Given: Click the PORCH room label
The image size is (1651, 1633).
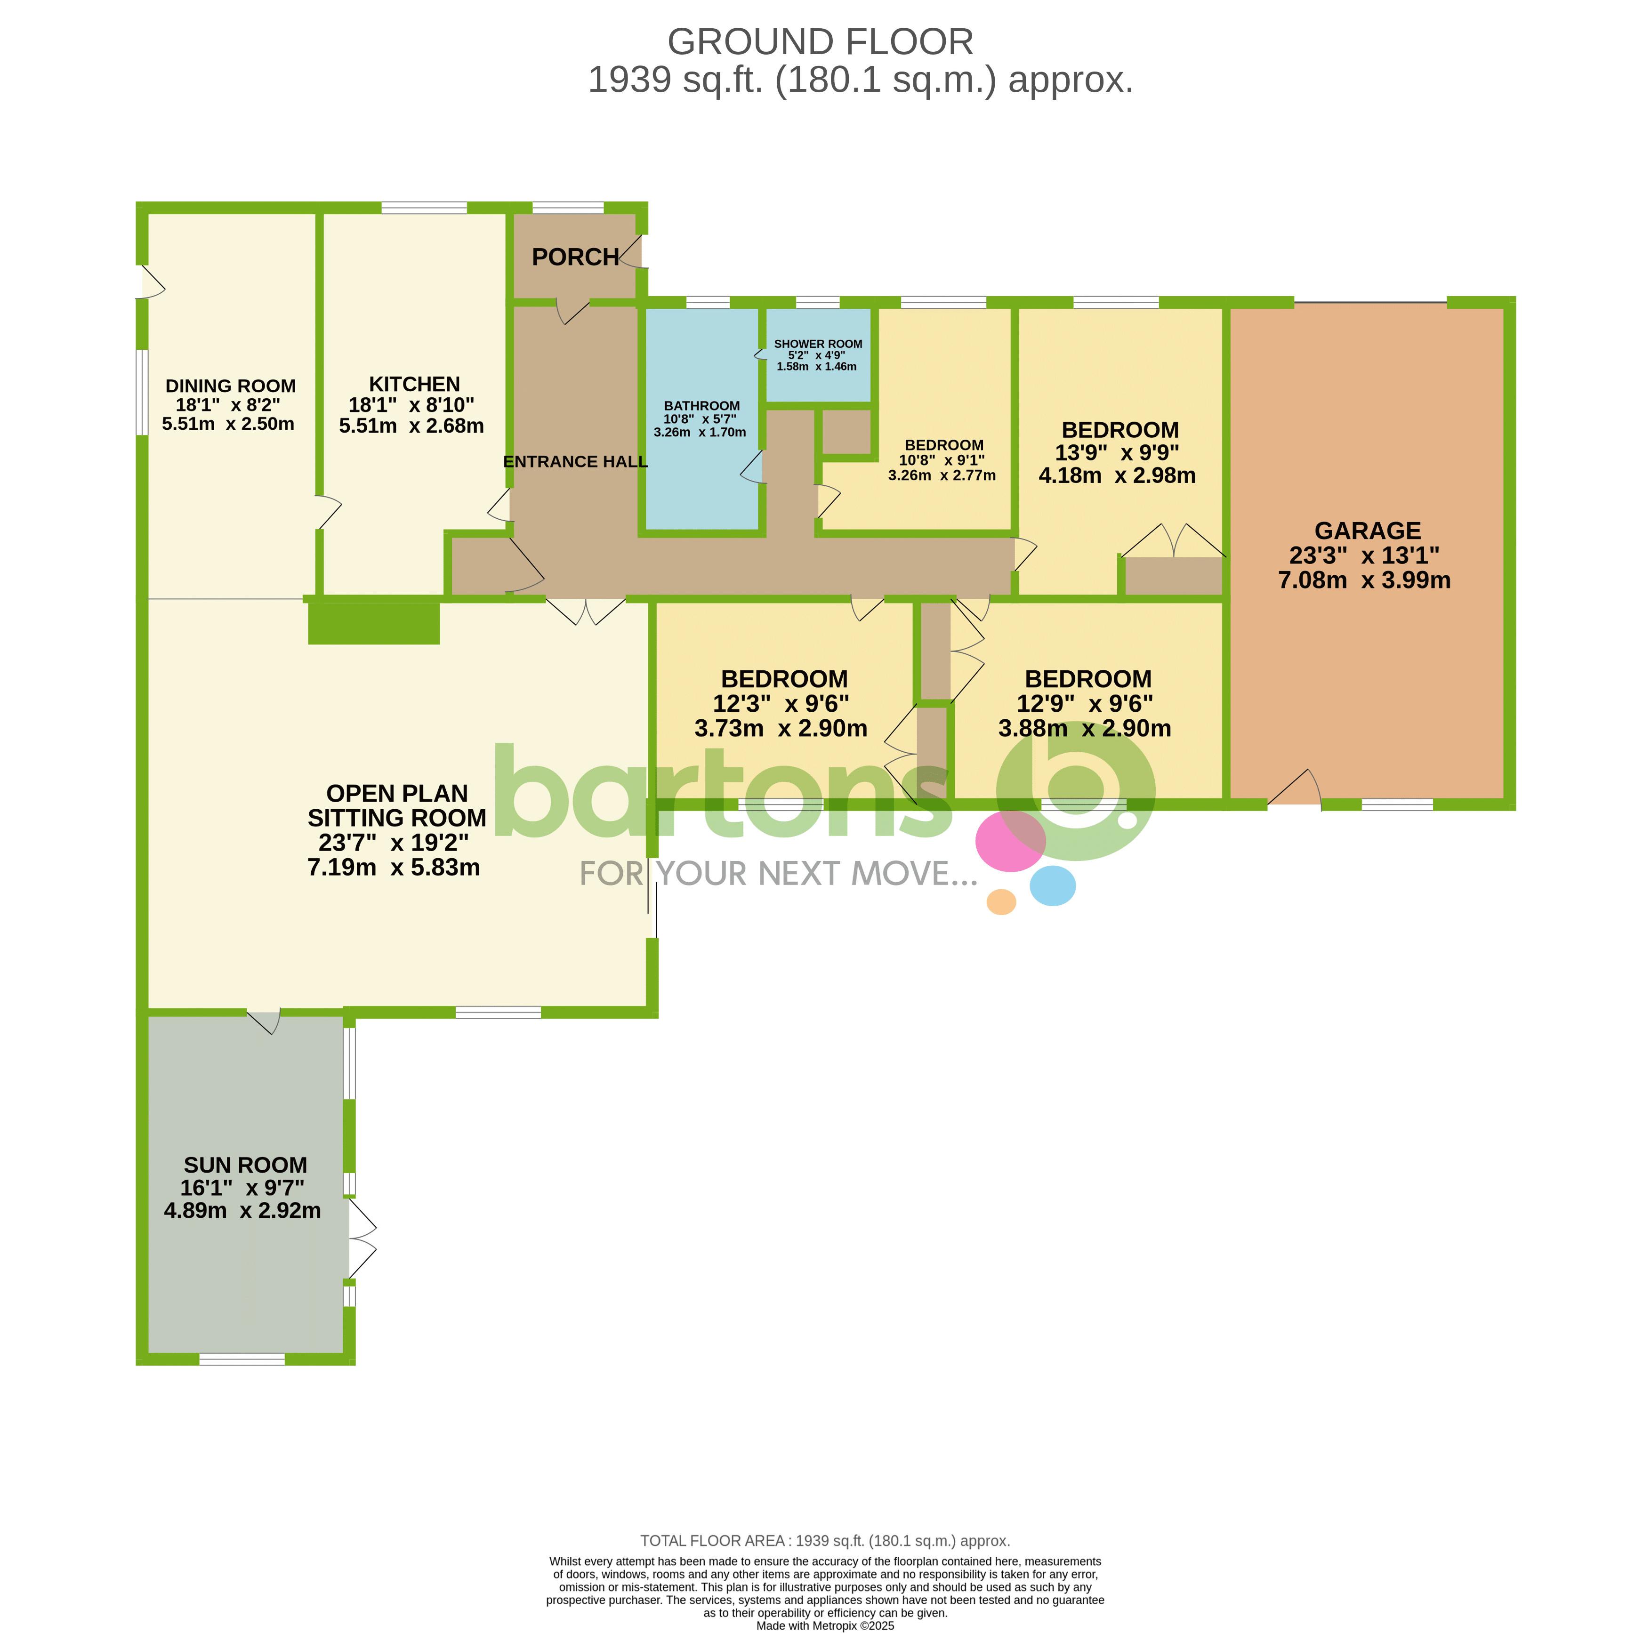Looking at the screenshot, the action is pos(575,257).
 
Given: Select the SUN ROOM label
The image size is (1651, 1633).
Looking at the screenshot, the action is pos(245,1165).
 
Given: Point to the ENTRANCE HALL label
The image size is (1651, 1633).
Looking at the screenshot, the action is pos(575,461).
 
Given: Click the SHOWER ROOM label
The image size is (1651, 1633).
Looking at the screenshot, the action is pos(818,344).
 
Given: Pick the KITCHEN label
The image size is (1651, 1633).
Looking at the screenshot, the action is pos(414,385).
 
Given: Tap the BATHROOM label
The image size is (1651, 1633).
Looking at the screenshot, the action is pos(701,406).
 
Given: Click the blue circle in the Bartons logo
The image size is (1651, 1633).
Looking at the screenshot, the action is pos(1052,885).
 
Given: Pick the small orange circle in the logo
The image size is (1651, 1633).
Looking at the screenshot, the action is pos(1001,901).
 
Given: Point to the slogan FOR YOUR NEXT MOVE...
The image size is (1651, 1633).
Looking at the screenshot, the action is pos(779,873).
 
